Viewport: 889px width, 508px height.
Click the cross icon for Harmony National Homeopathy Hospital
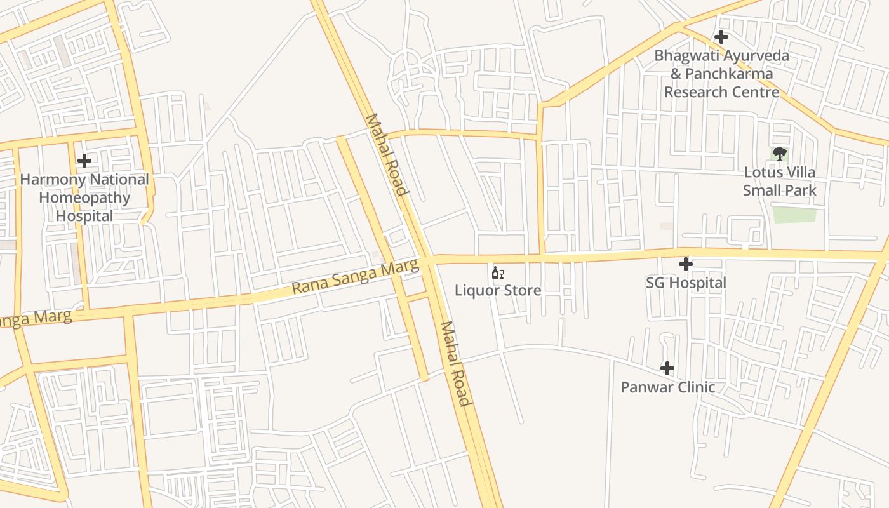[x=84, y=161]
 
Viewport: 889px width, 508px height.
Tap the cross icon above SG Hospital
[x=685, y=264]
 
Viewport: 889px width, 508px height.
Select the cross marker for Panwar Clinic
[x=667, y=368]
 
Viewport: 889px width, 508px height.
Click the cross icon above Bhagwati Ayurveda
[x=721, y=37]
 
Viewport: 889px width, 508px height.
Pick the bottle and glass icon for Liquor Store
[x=497, y=273]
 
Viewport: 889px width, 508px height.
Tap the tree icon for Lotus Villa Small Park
[x=779, y=154]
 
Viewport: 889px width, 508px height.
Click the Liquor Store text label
[x=497, y=290]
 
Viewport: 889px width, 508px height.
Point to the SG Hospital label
[x=686, y=283]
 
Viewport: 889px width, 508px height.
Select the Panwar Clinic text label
[x=667, y=387]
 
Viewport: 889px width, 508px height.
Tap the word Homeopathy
[x=84, y=197]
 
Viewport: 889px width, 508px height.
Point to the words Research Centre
[x=721, y=92]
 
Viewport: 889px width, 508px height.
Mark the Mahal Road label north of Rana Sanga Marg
[x=385, y=155]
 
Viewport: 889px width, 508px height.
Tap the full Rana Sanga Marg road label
[x=356, y=278]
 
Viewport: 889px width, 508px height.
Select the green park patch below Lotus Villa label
[x=794, y=215]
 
